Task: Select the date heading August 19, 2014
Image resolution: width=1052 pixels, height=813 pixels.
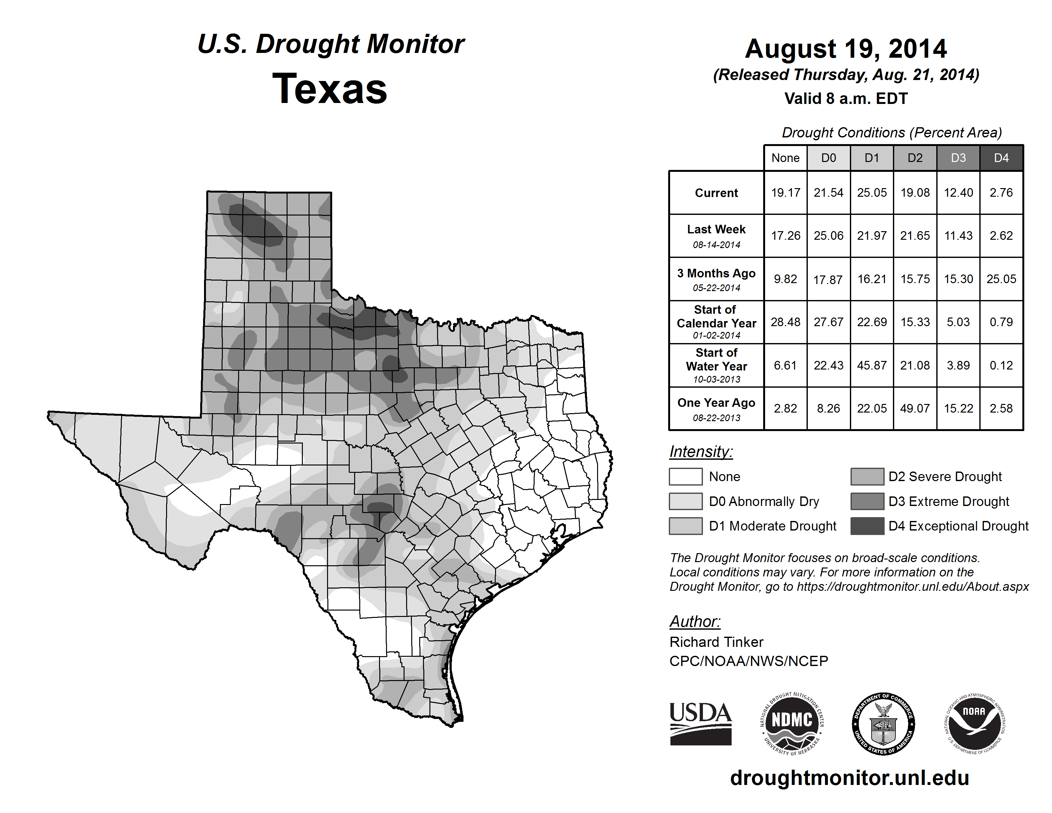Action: (x=845, y=49)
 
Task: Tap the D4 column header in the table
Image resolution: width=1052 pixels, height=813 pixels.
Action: (x=1001, y=158)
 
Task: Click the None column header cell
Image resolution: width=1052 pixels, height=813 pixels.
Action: (x=785, y=158)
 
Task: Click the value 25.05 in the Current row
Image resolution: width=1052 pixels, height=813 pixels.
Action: (x=871, y=193)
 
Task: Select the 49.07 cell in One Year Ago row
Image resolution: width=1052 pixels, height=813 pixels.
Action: (x=915, y=408)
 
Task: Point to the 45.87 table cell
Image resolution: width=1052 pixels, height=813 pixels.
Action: (x=871, y=366)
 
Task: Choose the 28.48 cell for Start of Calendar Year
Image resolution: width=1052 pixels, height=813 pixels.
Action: (x=785, y=322)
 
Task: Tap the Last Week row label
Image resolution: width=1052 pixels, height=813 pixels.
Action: (x=716, y=236)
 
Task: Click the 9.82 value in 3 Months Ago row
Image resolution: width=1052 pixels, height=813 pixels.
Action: (x=785, y=279)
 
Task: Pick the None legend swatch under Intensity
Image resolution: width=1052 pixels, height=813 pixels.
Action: (x=685, y=476)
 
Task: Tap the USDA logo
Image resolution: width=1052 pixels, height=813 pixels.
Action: (x=700, y=723)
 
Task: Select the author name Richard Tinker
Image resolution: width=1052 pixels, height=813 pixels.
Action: (x=716, y=642)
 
